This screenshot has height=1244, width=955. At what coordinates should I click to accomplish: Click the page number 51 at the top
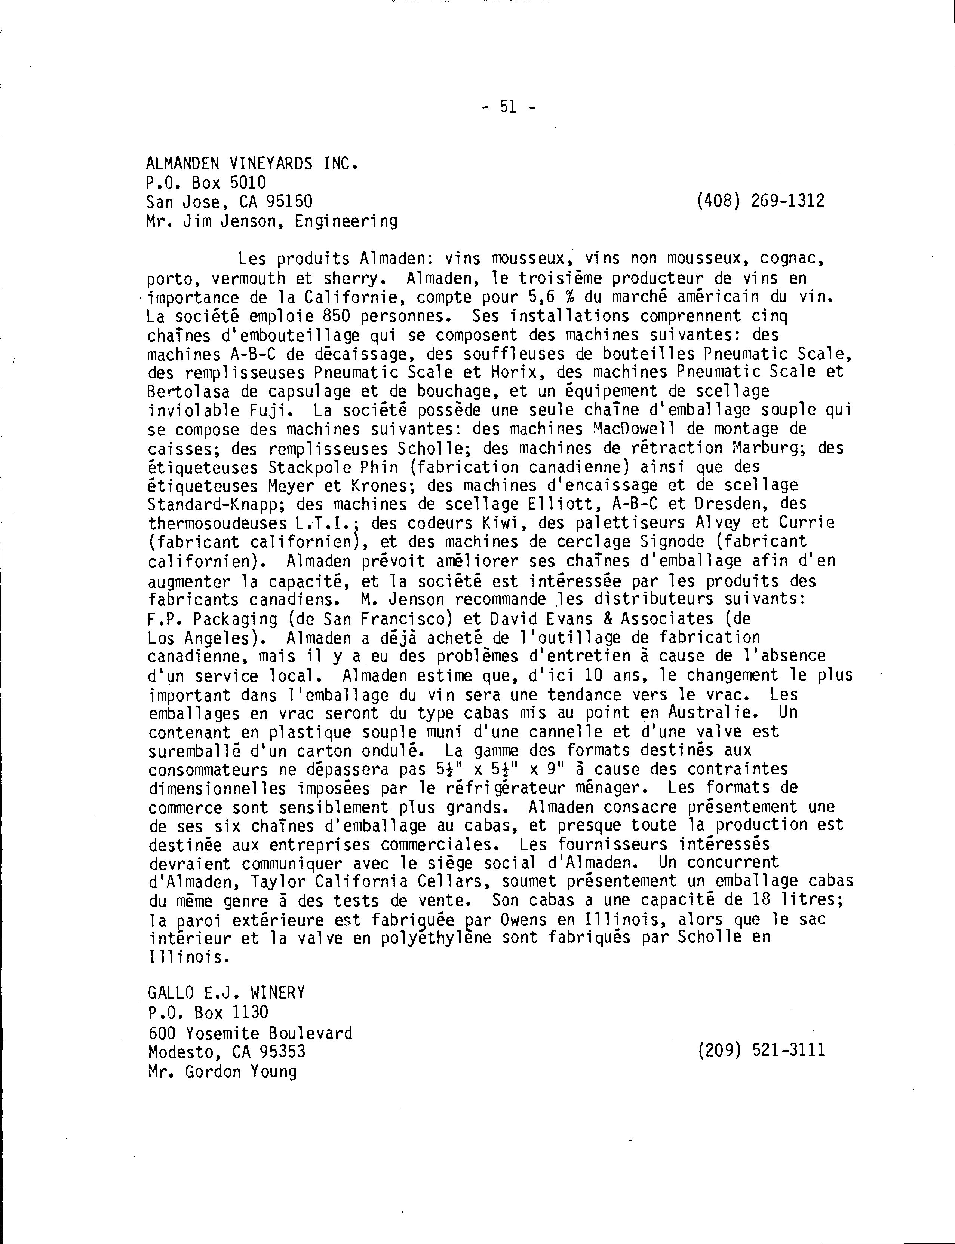coord(508,106)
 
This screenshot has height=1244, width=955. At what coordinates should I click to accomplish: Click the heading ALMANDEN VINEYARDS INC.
coord(252,164)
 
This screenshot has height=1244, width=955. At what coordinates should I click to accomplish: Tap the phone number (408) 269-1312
coord(761,201)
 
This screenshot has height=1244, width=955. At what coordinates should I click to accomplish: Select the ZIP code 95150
coord(289,201)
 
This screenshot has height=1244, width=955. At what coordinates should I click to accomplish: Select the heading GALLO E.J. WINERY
coord(226,993)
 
